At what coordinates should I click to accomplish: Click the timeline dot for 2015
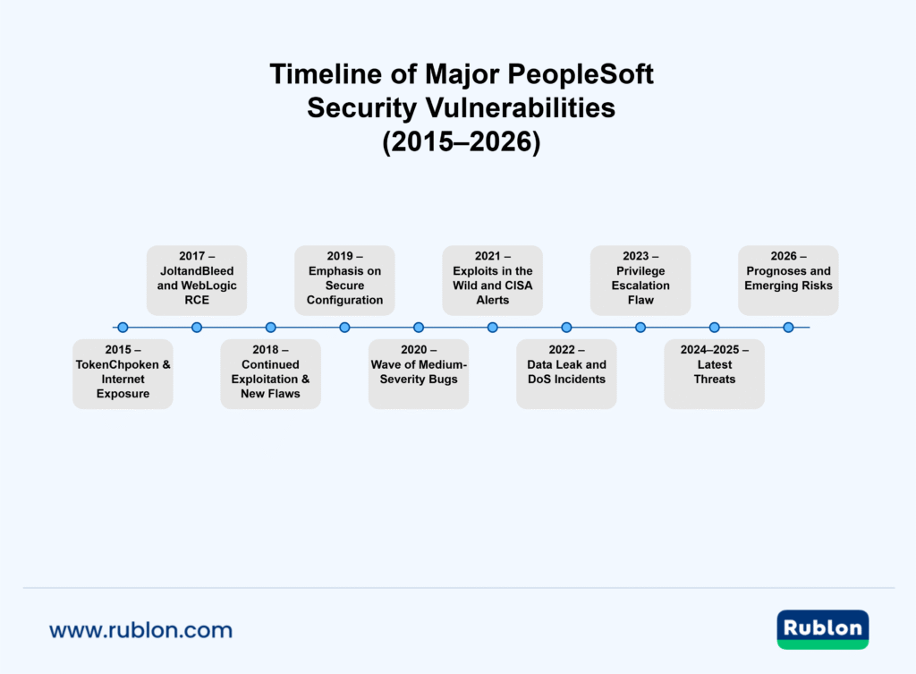(x=123, y=328)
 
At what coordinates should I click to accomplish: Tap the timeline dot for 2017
(x=197, y=328)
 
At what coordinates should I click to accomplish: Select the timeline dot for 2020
(x=419, y=328)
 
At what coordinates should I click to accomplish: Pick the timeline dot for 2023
(x=640, y=328)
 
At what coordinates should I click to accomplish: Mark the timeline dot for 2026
(x=788, y=328)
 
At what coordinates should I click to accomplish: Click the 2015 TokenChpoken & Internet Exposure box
(x=123, y=374)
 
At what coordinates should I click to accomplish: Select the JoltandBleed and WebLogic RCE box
(x=197, y=280)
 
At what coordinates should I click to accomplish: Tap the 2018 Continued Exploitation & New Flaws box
(x=270, y=374)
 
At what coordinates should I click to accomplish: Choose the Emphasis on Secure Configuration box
(x=344, y=280)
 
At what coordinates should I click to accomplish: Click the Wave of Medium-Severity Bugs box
(x=419, y=374)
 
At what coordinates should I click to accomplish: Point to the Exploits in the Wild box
(x=492, y=280)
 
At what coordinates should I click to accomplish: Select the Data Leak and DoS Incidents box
(x=566, y=374)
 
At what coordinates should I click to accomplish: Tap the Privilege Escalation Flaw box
(x=640, y=280)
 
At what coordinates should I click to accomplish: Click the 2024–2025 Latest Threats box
(x=714, y=374)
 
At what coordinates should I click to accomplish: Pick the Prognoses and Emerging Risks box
(x=788, y=280)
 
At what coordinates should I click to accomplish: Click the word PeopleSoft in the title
(x=572, y=75)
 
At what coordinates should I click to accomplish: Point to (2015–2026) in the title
(x=461, y=142)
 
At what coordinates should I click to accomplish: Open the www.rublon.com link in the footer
(x=140, y=630)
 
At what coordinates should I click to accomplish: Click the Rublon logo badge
(x=822, y=629)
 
